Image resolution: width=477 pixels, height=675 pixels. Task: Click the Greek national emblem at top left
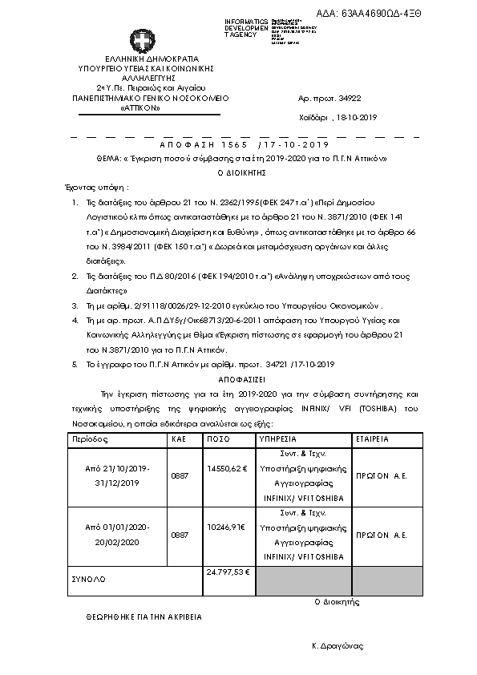pos(139,41)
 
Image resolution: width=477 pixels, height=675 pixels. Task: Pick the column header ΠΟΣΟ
pos(219,440)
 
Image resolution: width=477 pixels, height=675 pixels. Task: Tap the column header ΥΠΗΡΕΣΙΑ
pos(277,440)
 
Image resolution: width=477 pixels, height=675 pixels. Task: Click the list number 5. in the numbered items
pos(74,365)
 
